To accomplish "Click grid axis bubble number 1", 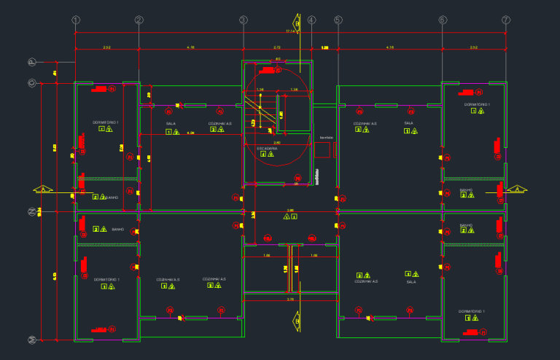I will click(76, 20).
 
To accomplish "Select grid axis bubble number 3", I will click(244, 20).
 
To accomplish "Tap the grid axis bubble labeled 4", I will click(311, 20).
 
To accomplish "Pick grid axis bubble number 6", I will click(443, 20).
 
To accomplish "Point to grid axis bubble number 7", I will click(506, 20).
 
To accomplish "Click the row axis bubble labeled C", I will click(31, 83).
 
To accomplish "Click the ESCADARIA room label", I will click(268, 148).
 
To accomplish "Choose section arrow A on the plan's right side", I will click(517, 189).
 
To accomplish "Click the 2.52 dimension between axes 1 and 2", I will click(106, 47).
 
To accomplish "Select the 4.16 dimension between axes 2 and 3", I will click(190, 47).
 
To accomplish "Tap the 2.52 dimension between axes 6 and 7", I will click(474, 47).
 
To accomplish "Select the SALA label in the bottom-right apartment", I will click(411, 281).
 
